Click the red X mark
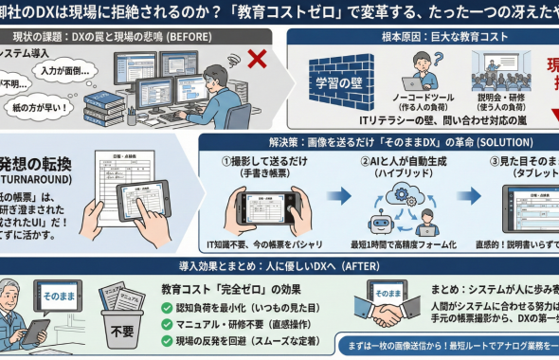click(x=257, y=59)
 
